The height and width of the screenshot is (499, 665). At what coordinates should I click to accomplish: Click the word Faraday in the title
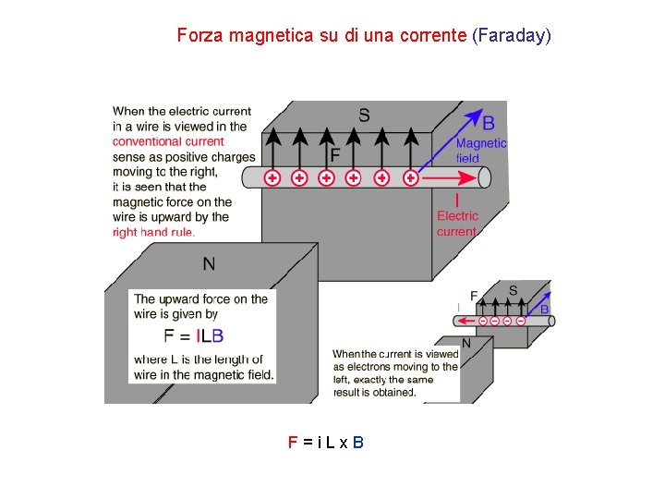pyautogui.click(x=512, y=36)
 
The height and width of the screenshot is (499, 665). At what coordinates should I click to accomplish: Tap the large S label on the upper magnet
pyautogui.click(x=364, y=116)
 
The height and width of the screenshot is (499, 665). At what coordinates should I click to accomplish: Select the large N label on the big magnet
pyautogui.click(x=209, y=264)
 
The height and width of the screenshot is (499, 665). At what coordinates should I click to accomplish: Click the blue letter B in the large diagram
pyautogui.click(x=489, y=123)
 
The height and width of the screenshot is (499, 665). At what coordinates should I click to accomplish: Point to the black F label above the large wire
pyautogui.click(x=334, y=154)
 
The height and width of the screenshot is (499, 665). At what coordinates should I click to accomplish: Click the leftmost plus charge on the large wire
pyautogui.click(x=272, y=178)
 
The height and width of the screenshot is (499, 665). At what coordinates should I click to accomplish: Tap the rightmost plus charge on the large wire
pyautogui.click(x=410, y=178)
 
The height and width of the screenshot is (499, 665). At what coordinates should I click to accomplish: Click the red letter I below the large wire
pyautogui.click(x=457, y=200)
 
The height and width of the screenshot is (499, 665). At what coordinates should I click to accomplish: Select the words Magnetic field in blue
pyautogui.click(x=480, y=150)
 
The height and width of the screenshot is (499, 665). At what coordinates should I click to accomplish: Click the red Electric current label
pyautogui.click(x=457, y=224)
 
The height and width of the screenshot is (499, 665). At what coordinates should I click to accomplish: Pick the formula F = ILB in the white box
pyautogui.click(x=193, y=335)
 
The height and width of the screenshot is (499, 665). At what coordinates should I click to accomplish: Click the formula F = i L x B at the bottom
pyautogui.click(x=326, y=443)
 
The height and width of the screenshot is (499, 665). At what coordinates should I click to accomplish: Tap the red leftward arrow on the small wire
pyautogui.click(x=465, y=322)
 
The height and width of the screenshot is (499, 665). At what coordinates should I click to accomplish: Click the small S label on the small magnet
pyautogui.click(x=513, y=290)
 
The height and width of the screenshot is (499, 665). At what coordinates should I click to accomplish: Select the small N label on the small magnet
pyautogui.click(x=465, y=343)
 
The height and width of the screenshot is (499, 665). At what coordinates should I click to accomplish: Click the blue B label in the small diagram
pyautogui.click(x=544, y=309)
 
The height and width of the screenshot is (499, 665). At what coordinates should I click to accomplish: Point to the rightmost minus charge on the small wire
pyautogui.click(x=521, y=321)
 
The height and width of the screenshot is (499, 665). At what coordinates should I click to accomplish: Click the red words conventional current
pyautogui.click(x=168, y=141)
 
